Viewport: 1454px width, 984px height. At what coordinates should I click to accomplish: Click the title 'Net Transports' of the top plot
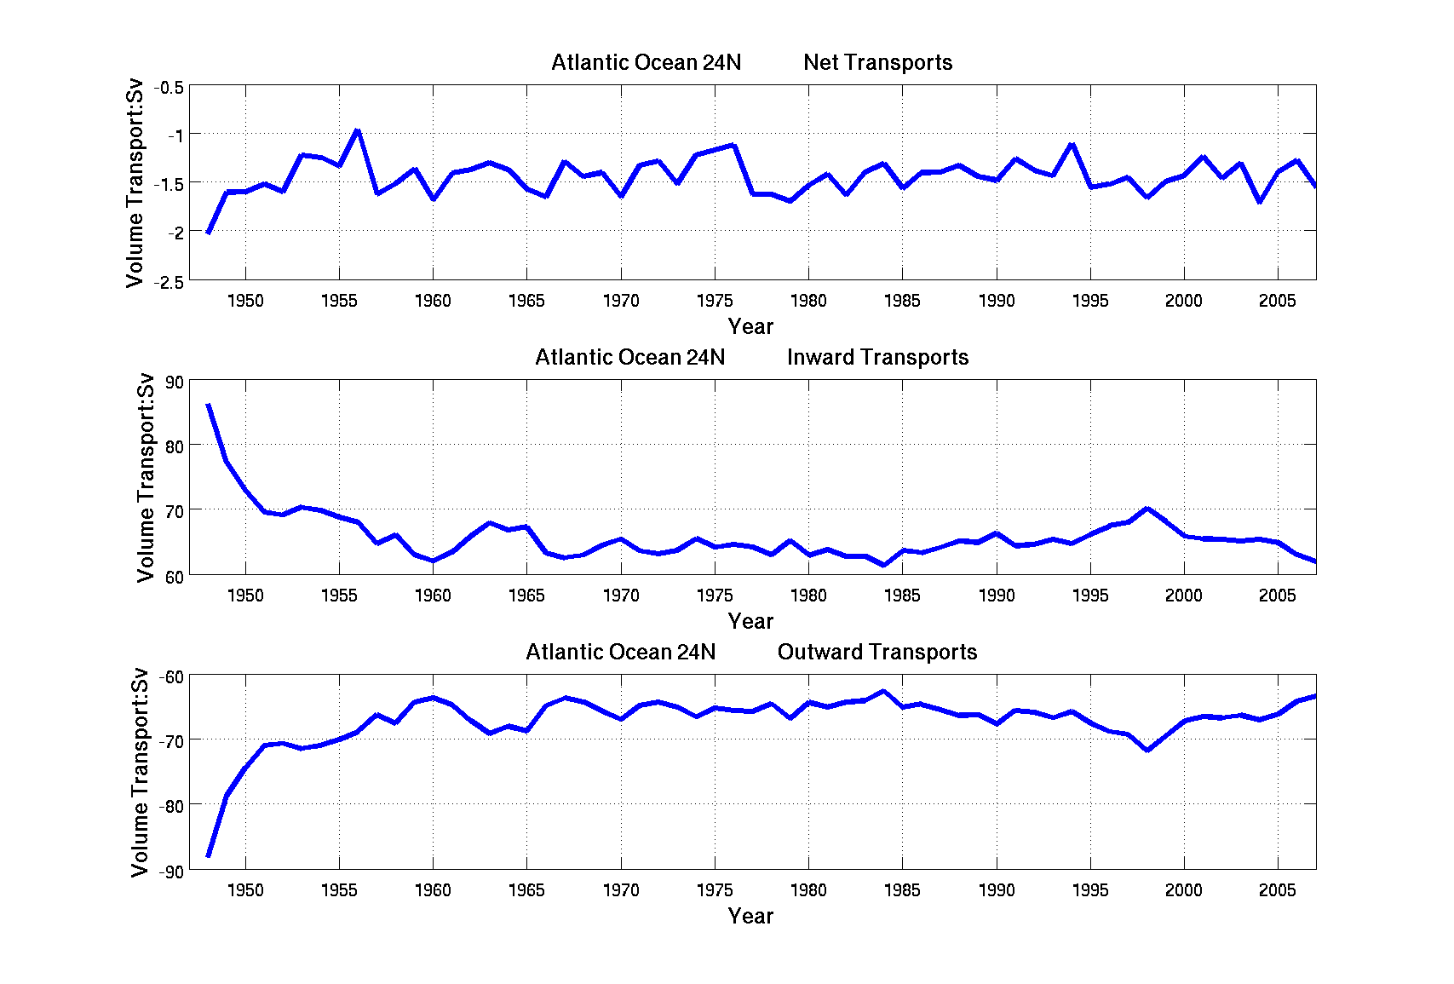[877, 62]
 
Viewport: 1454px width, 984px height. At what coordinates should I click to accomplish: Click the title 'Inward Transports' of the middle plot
[877, 357]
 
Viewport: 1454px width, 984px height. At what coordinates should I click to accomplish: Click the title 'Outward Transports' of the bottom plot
[876, 652]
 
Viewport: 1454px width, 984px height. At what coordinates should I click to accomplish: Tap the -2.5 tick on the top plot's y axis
[169, 282]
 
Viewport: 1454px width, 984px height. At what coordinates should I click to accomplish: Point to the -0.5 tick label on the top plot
[169, 88]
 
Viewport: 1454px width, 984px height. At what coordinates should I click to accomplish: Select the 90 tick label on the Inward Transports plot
[175, 383]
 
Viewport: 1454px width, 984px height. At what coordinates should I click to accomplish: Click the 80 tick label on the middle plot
[175, 446]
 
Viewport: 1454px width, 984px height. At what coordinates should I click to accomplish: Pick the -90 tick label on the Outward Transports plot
[171, 872]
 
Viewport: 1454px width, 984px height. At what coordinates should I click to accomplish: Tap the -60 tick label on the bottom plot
[171, 677]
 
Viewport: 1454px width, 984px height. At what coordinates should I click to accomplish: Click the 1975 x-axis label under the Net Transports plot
[715, 301]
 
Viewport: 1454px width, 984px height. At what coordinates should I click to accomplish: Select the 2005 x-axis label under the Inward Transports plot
[1277, 596]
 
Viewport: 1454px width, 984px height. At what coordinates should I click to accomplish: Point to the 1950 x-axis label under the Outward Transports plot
[245, 890]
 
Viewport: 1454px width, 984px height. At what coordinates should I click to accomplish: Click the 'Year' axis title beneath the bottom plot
[750, 916]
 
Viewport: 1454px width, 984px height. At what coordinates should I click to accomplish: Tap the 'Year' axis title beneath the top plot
[750, 326]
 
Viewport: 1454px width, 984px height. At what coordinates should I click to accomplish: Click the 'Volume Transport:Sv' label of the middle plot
[146, 477]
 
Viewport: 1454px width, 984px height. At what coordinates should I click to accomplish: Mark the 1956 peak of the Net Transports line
[358, 130]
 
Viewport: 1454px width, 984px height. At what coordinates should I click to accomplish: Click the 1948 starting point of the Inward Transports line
[209, 406]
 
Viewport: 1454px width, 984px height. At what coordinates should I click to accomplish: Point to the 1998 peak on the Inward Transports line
[1147, 509]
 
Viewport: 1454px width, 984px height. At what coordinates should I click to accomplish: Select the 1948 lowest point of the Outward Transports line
[209, 855]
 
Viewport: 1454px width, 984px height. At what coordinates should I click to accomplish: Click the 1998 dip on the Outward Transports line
[1147, 750]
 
